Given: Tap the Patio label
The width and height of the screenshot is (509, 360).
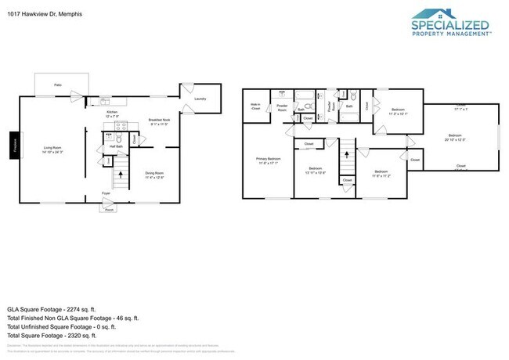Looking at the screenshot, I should click(x=57, y=85).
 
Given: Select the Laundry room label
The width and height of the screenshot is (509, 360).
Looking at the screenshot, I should click(x=200, y=99).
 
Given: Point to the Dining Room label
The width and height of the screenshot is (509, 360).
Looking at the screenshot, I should click(x=155, y=173).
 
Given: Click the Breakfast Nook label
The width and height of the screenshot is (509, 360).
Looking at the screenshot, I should click(x=159, y=121).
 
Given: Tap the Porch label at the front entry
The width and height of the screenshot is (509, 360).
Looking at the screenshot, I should click(x=110, y=209).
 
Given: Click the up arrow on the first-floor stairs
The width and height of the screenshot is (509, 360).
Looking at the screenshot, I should click(x=119, y=178).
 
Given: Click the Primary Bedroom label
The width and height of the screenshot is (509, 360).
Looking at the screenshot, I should click(x=268, y=160).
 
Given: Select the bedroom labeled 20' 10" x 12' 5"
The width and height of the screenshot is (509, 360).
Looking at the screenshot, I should click(x=457, y=137).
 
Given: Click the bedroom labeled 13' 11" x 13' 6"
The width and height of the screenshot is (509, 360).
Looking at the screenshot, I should click(x=316, y=171).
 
